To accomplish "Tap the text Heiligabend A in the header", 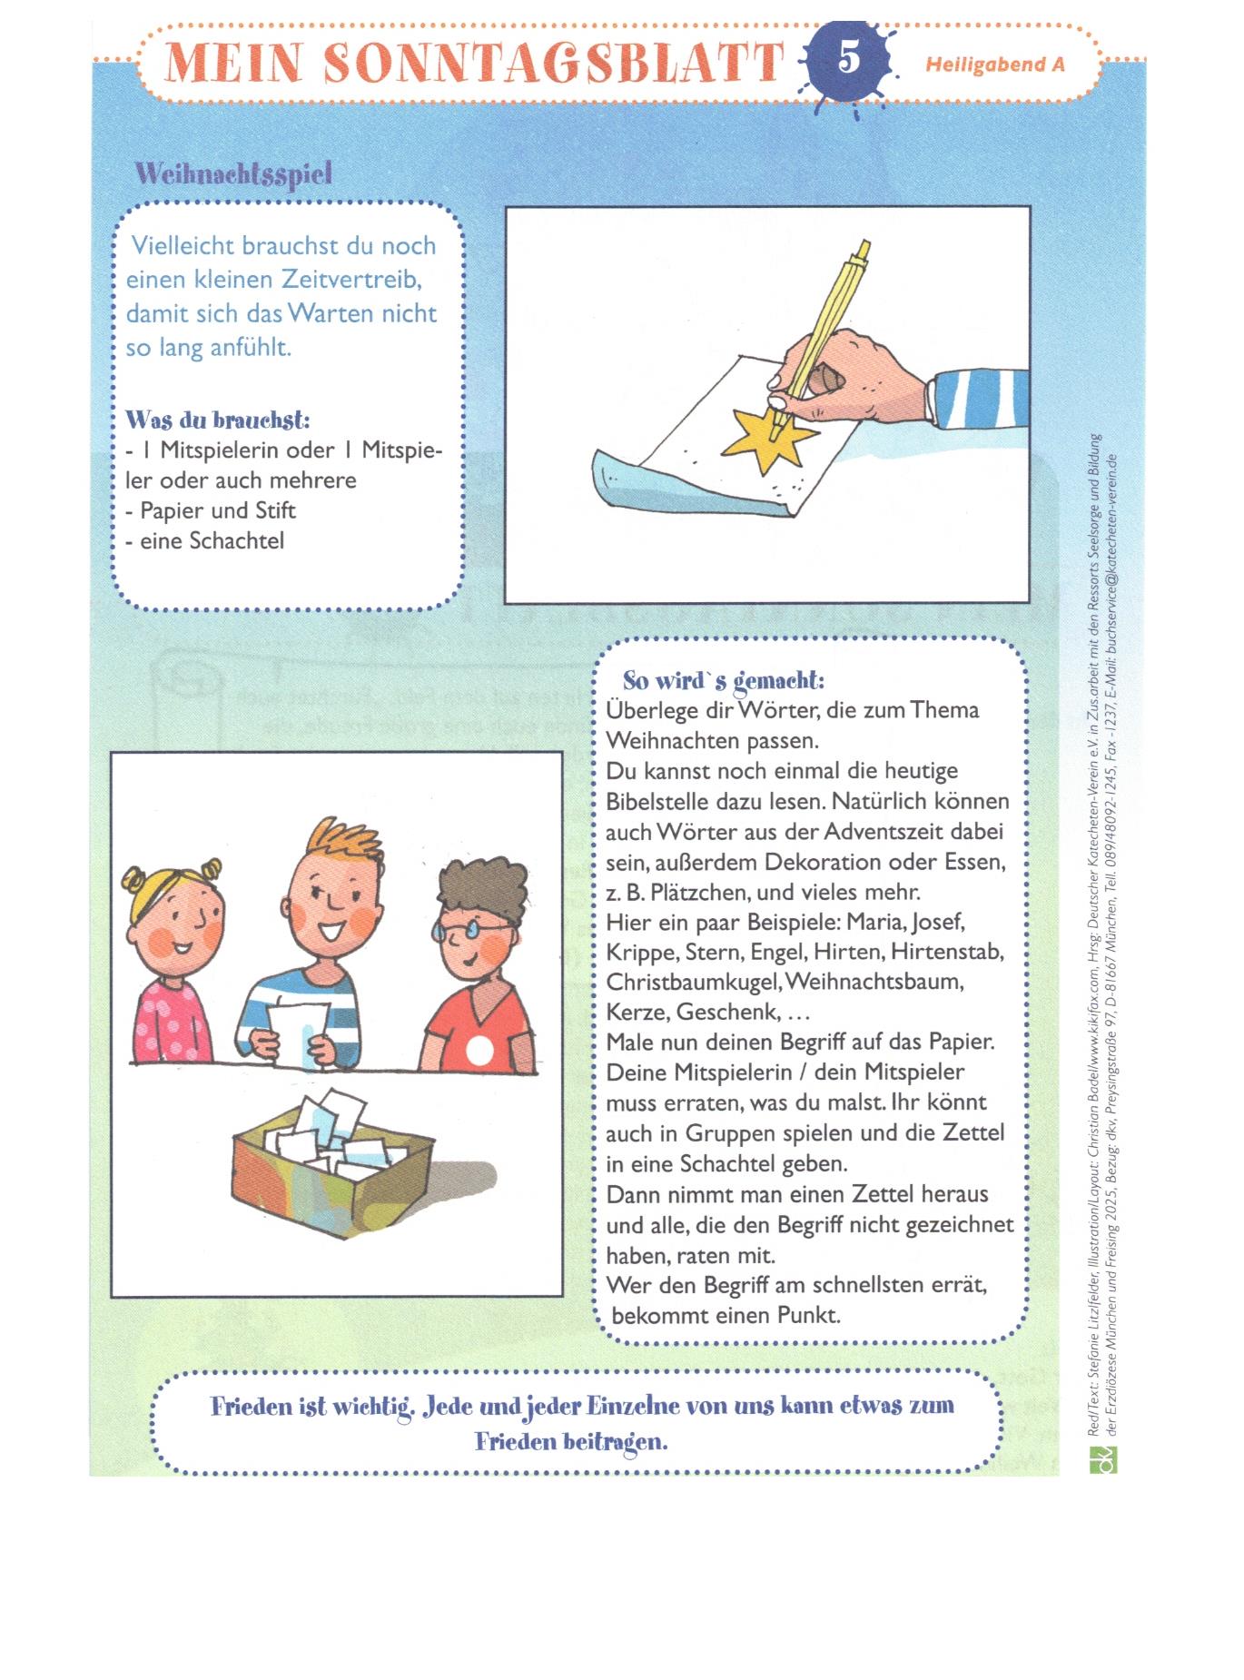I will click(994, 64).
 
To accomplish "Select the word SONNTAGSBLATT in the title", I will click(554, 62).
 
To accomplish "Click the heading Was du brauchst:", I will click(218, 420).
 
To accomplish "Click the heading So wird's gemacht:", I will click(723, 680).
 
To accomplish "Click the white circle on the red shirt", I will click(479, 1052).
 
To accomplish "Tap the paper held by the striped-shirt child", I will click(300, 1032).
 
